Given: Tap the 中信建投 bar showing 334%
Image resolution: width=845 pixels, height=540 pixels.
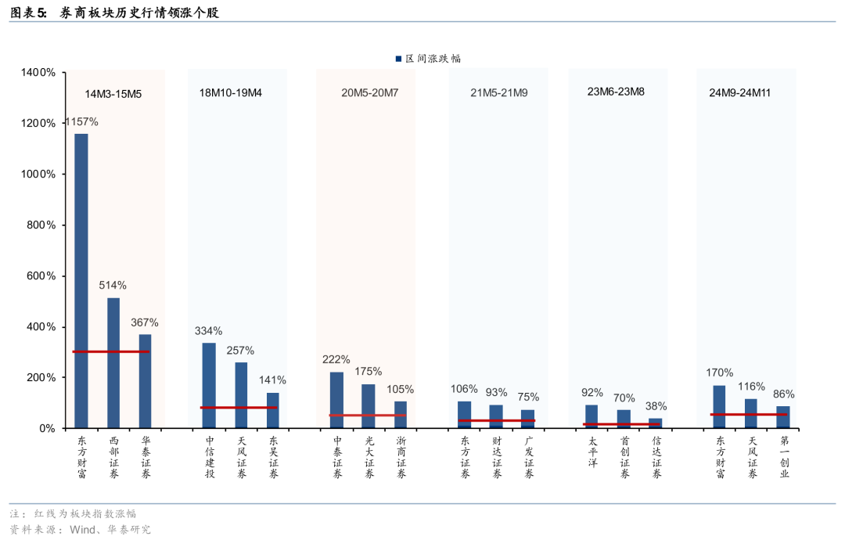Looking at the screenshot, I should click(209, 385).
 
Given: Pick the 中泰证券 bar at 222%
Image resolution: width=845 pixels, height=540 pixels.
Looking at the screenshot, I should click(336, 399).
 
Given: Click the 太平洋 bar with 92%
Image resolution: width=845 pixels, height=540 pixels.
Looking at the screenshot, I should click(591, 416).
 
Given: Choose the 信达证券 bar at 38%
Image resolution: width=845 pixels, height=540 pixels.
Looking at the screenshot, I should click(656, 423).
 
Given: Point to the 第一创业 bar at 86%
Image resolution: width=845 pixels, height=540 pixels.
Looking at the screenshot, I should click(783, 416).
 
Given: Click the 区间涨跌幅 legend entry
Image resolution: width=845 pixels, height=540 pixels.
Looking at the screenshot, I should click(428, 59).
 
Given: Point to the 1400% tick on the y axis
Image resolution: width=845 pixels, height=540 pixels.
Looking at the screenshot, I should click(38, 72).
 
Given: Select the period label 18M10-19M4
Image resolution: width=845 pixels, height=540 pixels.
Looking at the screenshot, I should click(231, 92).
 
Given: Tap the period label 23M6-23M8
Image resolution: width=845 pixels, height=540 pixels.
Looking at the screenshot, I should click(616, 92).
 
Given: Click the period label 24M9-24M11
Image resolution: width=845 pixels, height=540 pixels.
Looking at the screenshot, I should click(740, 92).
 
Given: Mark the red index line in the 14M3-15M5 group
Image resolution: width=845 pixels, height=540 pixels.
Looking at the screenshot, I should click(111, 351).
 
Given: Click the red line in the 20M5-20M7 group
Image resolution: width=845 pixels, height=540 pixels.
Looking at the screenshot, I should click(368, 415).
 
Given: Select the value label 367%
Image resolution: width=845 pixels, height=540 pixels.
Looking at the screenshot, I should click(145, 322).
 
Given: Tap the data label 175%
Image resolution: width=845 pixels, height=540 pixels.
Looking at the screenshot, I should click(368, 371).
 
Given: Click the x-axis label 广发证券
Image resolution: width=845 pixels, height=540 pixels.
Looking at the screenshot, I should click(529, 457).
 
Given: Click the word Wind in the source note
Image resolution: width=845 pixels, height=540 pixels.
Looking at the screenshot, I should click(82, 529).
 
